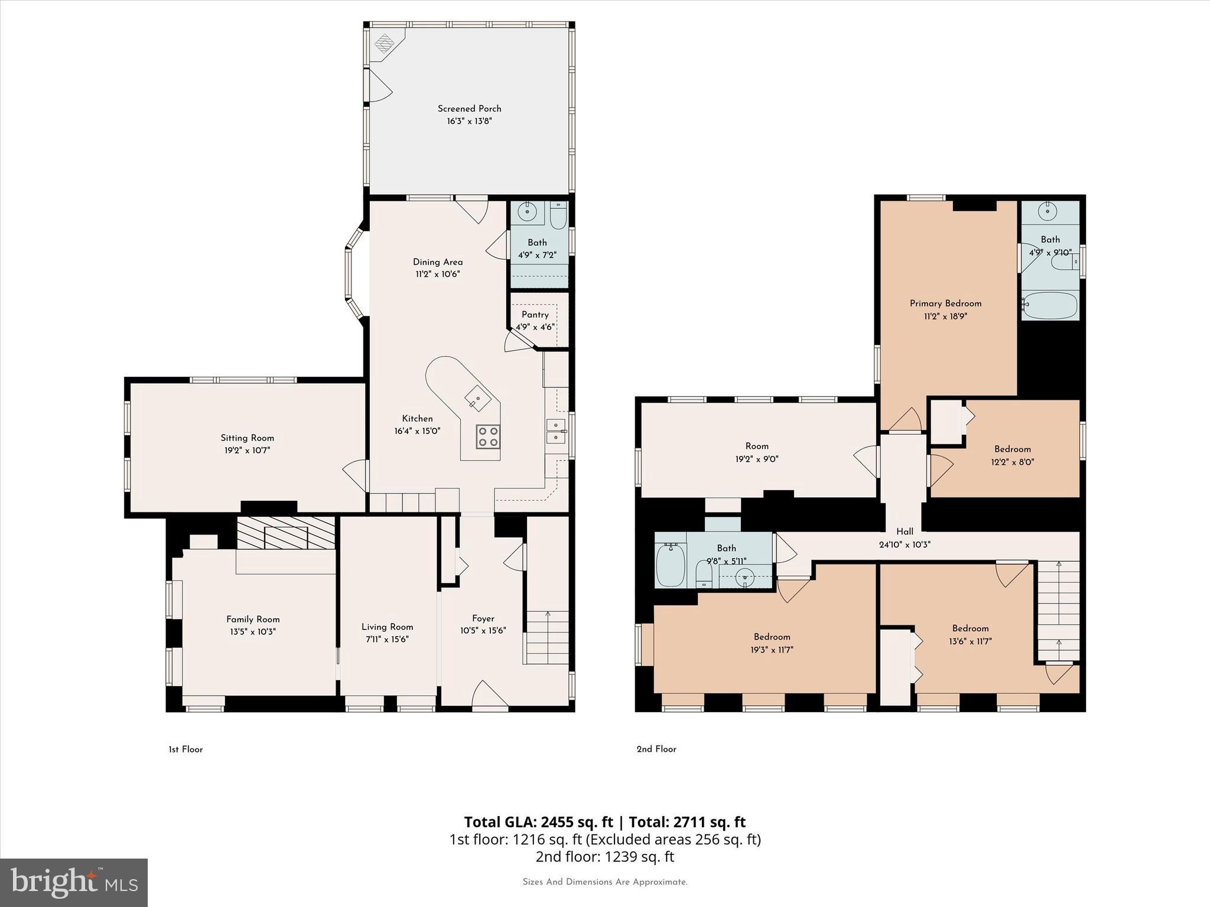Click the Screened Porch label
pyautogui.click(x=469, y=109)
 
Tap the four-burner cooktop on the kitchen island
pyautogui.click(x=488, y=437)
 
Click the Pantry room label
pyautogui.click(x=535, y=315)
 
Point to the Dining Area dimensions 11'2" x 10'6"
pyautogui.click(x=437, y=275)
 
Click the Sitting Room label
pyautogui.click(x=247, y=438)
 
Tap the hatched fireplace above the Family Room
pyautogui.click(x=286, y=534)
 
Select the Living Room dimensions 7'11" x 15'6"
pyautogui.click(x=387, y=640)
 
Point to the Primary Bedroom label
pyautogui.click(x=945, y=304)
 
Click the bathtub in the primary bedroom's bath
pyautogui.click(x=1050, y=305)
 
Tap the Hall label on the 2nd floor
pyautogui.click(x=905, y=531)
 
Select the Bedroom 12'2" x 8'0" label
pyautogui.click(x=1012, y=449)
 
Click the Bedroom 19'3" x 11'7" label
pyautogui.click(x=772, y=637)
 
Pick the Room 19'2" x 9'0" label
pyautogui.click(x=757, y=446)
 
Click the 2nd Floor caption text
pyautogui.click(x=656, y=749)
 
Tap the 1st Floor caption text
pyautogui.click(x=186, y=749)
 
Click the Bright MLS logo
pyautogui.click(x=74, y=883)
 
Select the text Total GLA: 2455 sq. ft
pyautogui.click(x=538, y=822)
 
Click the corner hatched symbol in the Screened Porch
pyautogui.click(x=385, y=44)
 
